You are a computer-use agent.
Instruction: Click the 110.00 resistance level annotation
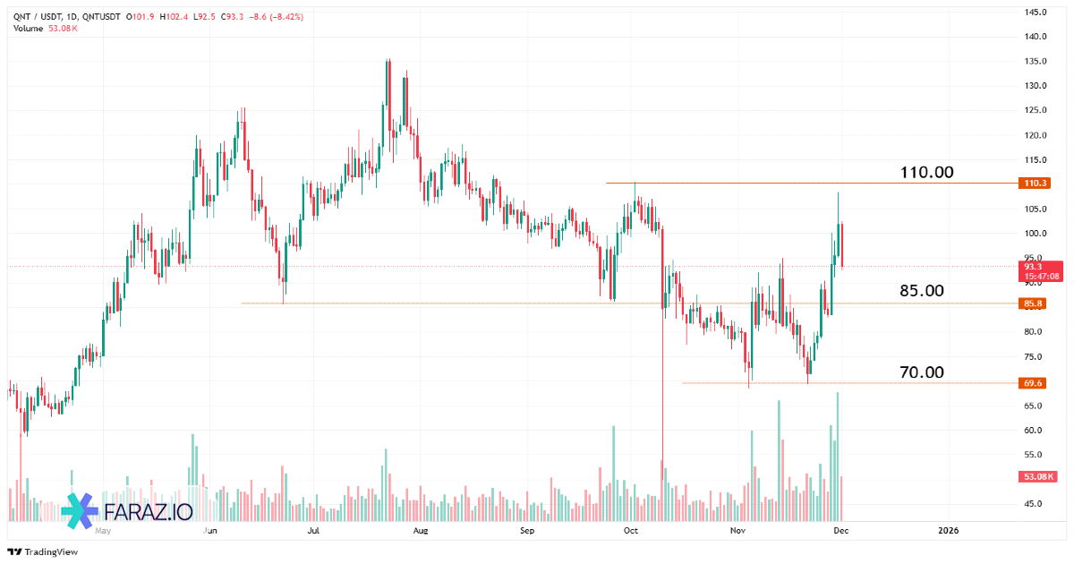click(x=926, y=172)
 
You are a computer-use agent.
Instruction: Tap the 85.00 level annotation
click(x=921, y=291)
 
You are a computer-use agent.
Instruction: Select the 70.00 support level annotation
click(x=921, y=372)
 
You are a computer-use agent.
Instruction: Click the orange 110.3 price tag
click(x=1034, y=184)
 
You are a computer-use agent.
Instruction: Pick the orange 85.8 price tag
click(x=1034, y=303)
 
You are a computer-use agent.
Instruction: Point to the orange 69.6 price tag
click(x=1034, y=383)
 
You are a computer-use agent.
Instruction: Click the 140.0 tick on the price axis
click(x=1036, y=37)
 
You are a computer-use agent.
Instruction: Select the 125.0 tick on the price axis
click(x=1036, y=110)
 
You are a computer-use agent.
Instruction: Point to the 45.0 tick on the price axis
click(x=1034, y=503)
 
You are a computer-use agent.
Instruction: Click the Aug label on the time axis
click(x=421, y=531)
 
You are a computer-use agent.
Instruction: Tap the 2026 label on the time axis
click(x=948, y=531)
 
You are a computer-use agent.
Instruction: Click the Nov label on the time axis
click(x=737, y=531)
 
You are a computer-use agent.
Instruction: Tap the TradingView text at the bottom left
click(x=50, y=552)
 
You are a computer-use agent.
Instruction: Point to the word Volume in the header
click(x=28, y=29)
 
